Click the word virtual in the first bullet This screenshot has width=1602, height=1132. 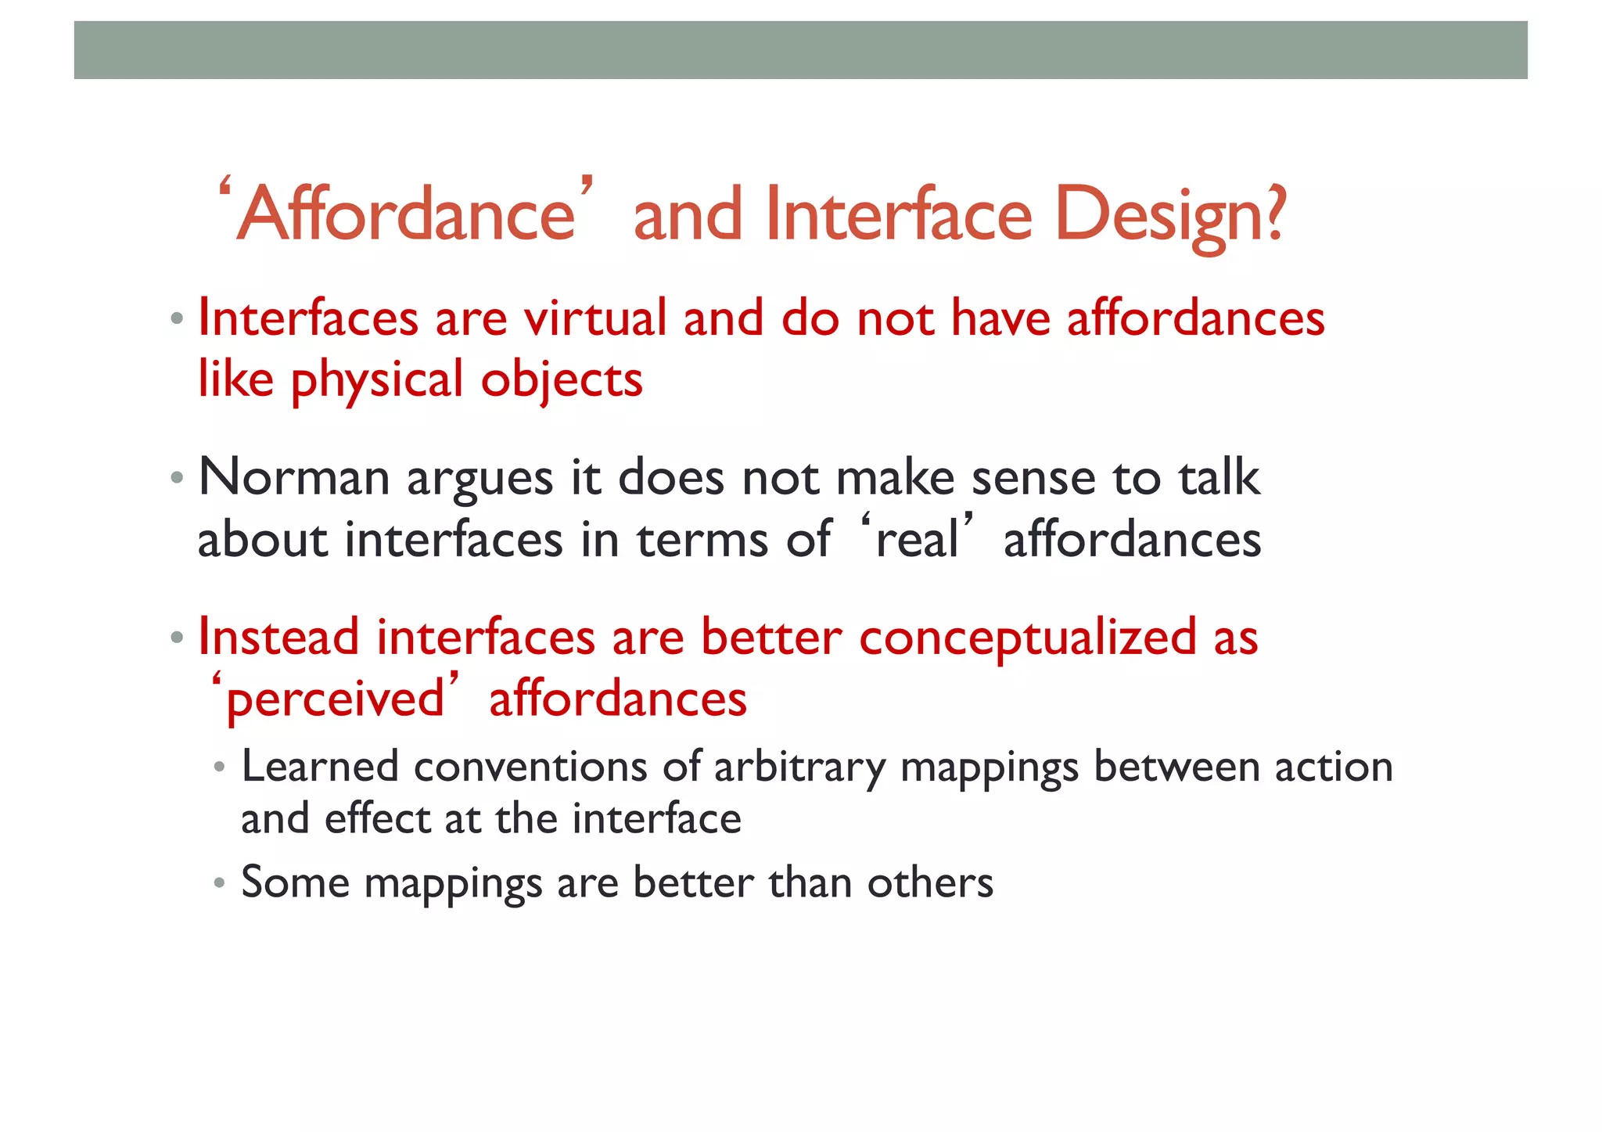click(594, 318)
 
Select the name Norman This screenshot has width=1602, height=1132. click(294, 477)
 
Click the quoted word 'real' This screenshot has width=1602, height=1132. click(917, 540)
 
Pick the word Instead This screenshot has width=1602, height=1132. click(278, 637)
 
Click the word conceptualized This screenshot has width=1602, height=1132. click(1027, 638)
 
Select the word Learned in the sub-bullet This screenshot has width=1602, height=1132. click(319, 767)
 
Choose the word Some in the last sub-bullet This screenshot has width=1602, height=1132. click(295, 882)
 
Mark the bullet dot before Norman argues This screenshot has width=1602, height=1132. click(177, 477)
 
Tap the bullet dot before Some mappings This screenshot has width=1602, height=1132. click(220, 884)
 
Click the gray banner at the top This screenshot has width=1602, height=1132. click(800, 50)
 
